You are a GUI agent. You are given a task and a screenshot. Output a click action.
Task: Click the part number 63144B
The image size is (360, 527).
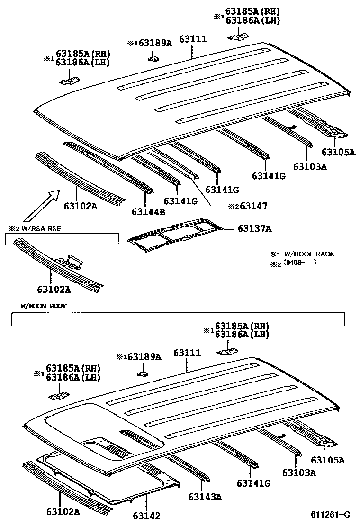[x=148, y=211]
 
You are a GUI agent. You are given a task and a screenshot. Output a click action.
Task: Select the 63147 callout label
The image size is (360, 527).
[x=253, y=206]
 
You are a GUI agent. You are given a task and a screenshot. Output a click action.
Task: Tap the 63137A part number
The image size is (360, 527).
[x=254, y=229]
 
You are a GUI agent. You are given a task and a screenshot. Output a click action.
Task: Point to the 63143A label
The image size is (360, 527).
[x=205, y=497]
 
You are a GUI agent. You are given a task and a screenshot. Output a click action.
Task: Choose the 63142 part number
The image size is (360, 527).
[x=146, y=516]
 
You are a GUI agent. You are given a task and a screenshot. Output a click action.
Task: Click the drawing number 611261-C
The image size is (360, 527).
[x=330, y=515]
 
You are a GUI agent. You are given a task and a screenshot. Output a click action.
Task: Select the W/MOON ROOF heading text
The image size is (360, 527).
[x=44, y=306]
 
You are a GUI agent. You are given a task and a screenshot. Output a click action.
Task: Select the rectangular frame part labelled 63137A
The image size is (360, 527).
[x=175, y=234]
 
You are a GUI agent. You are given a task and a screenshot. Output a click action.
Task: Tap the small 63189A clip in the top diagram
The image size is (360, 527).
[x=153, y=59]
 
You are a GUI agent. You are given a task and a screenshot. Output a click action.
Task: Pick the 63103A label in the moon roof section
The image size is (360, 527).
[x=298, y=472]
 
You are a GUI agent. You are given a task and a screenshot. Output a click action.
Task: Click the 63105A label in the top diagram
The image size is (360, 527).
[x=338, y=152]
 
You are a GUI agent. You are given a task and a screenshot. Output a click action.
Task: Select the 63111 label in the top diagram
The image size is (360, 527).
[x=193, y=39]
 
